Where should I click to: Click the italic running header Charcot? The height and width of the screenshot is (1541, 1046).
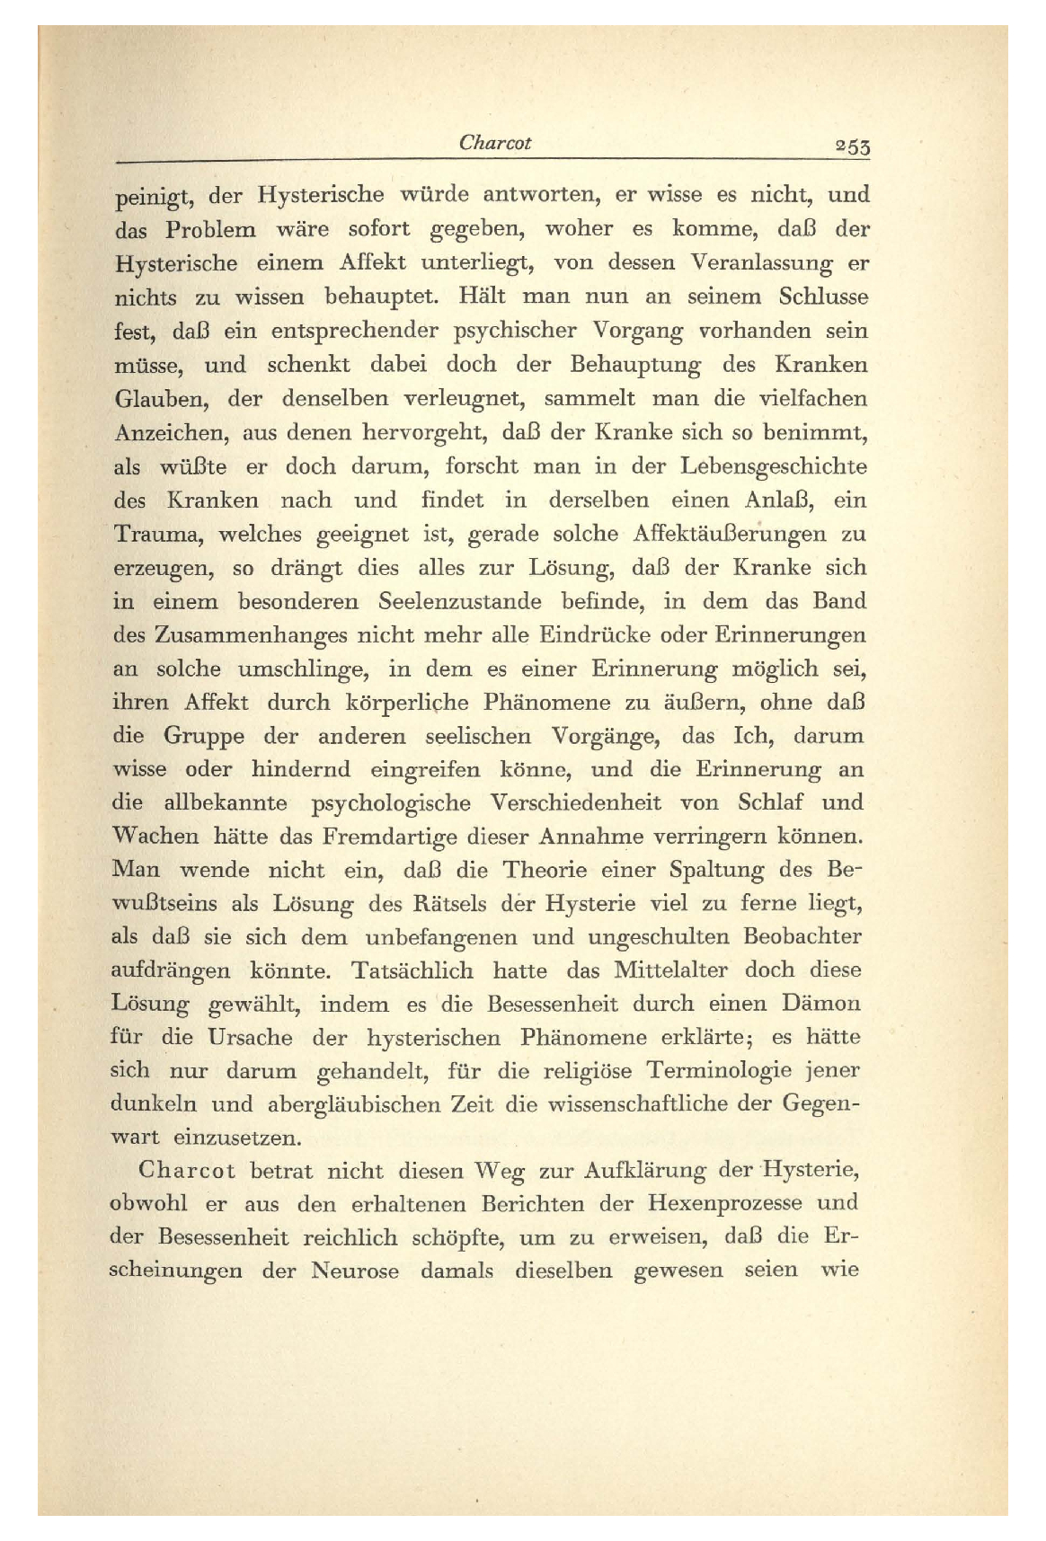click(494, 142)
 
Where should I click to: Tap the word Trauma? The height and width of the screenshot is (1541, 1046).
click(157, 534)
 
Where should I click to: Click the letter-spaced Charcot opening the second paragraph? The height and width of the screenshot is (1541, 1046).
click(187, 1172)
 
